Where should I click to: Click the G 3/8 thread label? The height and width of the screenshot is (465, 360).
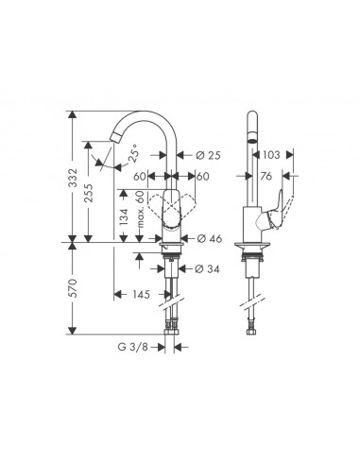pos(135,347)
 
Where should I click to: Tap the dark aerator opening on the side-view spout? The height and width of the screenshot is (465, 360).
pos(251,136)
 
